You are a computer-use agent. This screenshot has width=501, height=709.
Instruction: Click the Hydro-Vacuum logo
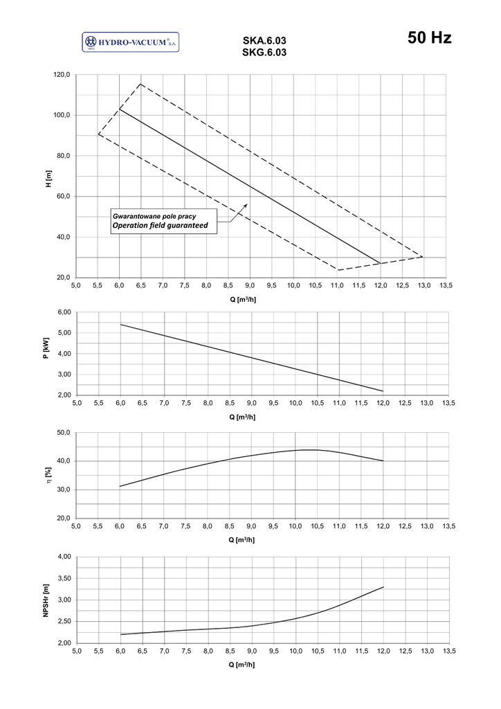pyautogui.click(x=130, y=43)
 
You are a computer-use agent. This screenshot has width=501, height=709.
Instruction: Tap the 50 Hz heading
pyautogui.click(x=430, y=38)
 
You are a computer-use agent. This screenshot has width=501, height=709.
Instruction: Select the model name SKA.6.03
pyautogui.click(x=264, y=41)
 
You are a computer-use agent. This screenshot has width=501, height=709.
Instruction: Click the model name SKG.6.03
pyautogui.click(x=264, y=52)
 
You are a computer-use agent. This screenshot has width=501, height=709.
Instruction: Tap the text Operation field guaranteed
pyautogui.click(x=160, y=225)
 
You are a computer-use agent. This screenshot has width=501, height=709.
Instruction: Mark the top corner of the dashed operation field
pyautogui.click(x=140, y=84)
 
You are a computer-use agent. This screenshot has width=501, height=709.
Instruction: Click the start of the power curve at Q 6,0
pyautogui.click(x=120, y=324)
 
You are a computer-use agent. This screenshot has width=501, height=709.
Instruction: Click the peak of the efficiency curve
pyautogui.click(x=309, y=449)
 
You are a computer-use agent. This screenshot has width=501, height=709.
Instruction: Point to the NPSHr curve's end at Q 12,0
pyautogui.click(x=383, y=587)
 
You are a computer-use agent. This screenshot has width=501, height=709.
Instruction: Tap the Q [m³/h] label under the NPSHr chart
pyautogui.click(x=242, y=663)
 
